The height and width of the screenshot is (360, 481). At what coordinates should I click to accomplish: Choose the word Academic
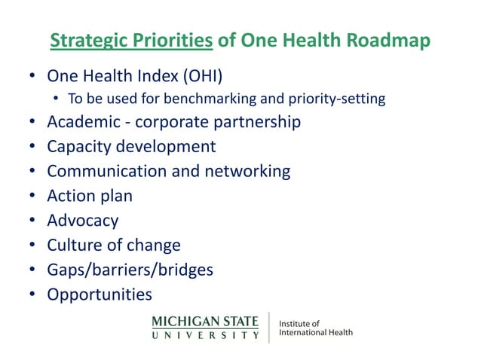click(82, 122)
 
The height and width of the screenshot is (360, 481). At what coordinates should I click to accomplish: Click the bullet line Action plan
click(90, 196)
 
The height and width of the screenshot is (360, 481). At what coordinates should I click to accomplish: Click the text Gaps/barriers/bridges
click(130, 270)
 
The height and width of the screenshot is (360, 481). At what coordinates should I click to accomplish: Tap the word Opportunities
click(100, 294)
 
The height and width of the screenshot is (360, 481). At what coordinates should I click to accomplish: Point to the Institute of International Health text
click(315, 328)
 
